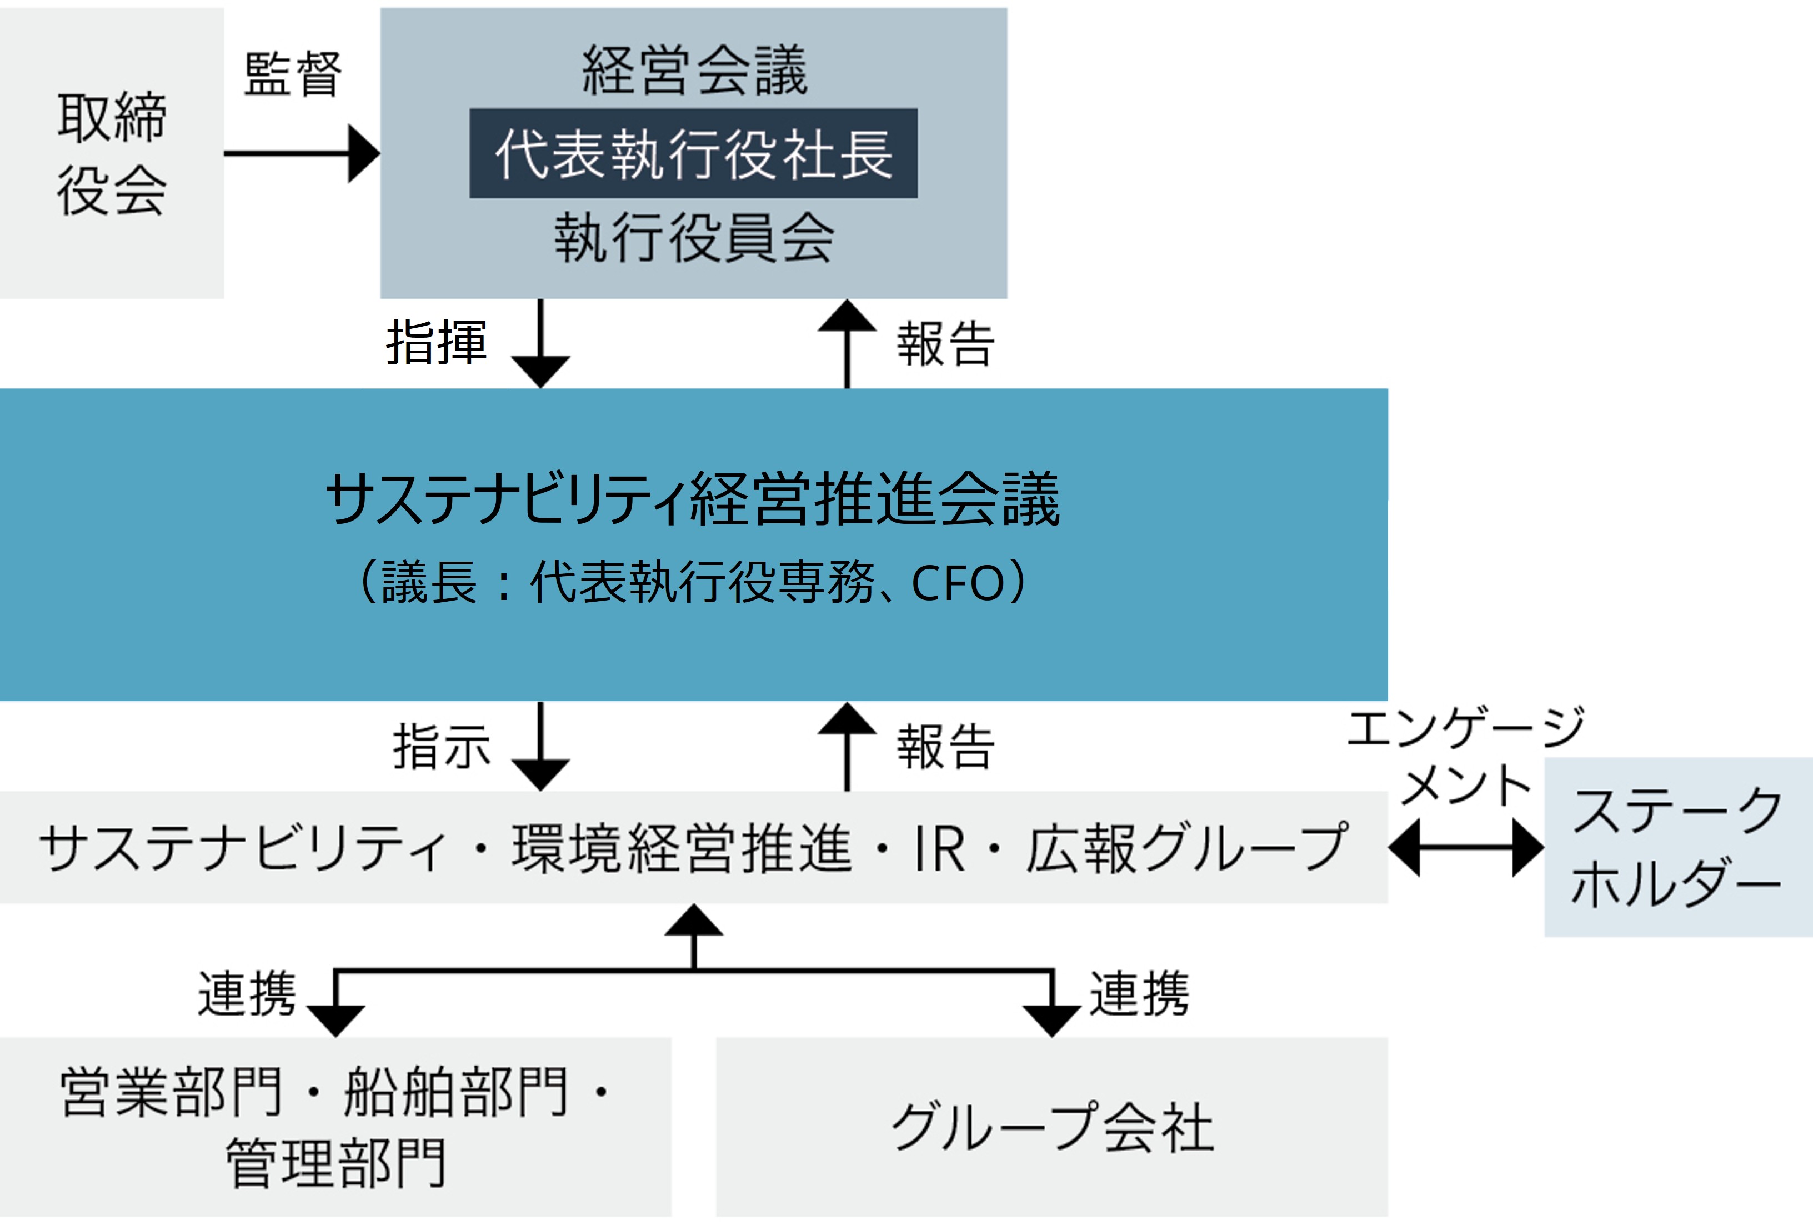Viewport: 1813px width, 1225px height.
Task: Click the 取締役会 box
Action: [x=112, y=153]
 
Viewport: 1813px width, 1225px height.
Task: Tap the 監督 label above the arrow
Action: [x=293, y=74]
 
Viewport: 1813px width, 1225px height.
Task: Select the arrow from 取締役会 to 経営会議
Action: [x=301, y=153]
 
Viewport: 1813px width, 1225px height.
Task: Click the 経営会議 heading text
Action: [x=694, y=70]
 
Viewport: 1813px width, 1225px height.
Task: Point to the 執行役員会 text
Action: [x=694, y=237]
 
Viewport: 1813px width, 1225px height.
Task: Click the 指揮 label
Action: [x=437, y=343]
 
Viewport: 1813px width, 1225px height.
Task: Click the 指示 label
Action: [x=442, y=746]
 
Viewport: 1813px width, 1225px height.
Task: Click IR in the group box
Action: [x=939, y=848]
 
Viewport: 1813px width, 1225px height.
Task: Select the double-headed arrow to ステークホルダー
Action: [x=1466, y=847]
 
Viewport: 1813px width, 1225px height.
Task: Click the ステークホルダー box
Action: [x=1677, y=847]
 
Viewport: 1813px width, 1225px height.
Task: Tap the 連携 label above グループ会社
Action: [x=1139, y=994]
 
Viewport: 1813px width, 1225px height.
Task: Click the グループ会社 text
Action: [x=1051, y=1127]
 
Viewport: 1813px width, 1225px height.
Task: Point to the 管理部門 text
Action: [x=335, y=1163]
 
